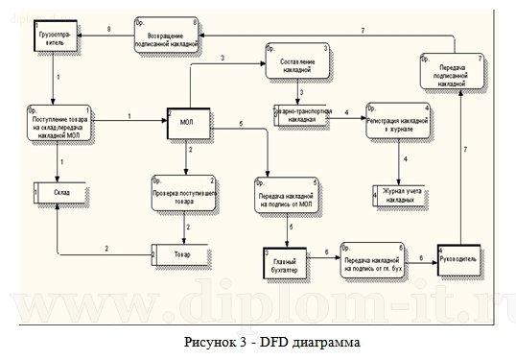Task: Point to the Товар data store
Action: coord(181,254)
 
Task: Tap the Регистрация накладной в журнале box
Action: coord(396,123)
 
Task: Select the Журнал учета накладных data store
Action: coord(401,193)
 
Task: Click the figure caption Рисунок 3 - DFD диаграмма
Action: coord(258,341)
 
